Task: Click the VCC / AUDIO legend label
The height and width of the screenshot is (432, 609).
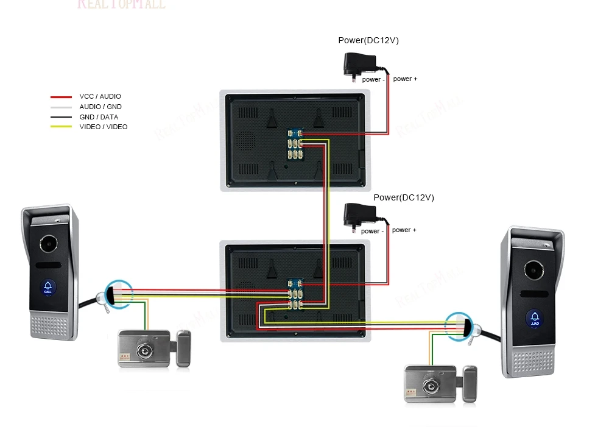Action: click(x=100, y=96)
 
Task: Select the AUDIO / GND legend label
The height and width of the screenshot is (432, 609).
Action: click(x=100, y=107)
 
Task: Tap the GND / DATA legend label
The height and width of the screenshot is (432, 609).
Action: click(x=99, y=117)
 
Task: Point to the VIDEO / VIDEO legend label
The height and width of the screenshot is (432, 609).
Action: click(x=104, y=127)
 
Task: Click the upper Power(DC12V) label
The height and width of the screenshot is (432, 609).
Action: click(x=368, y=41)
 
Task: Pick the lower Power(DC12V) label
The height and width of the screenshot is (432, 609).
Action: click(x=404, y=197)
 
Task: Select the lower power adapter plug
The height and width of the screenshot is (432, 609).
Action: click(x=360, y=215)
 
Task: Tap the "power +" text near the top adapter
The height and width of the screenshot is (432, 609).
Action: click(x=405, y=79)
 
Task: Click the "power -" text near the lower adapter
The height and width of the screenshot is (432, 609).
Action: click(x=372, y=231)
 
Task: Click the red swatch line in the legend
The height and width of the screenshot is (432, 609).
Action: click(x=61, y=97)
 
